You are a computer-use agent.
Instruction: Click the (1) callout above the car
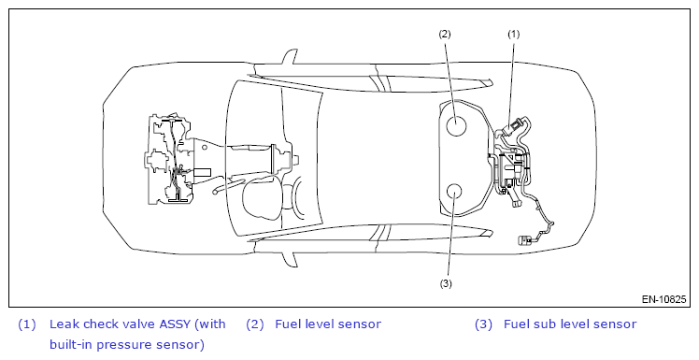tap(514, 34)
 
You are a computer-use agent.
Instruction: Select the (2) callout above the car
tap(445, 34)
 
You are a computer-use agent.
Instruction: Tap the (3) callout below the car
tap(446, 283)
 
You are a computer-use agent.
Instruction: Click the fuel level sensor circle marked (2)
tap(456, 124)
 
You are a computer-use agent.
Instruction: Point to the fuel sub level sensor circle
tap(453, 193)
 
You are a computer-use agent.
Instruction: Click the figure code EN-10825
tap(663, 299)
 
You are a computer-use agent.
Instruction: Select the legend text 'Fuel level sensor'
tap(328, 324)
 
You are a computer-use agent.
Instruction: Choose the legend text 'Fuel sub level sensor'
tap(570, 324)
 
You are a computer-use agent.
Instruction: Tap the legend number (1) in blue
tap(27, 324)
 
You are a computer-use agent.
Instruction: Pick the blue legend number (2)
tap(255, 324)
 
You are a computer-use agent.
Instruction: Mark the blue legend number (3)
tap(484, 324)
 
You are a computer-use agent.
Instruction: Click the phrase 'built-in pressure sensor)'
tap(127, 345)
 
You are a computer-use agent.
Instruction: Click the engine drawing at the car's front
tap(172, 159)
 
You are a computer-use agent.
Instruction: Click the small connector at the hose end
tap(524, 240)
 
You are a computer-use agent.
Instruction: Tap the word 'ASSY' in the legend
tap(175, 324)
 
